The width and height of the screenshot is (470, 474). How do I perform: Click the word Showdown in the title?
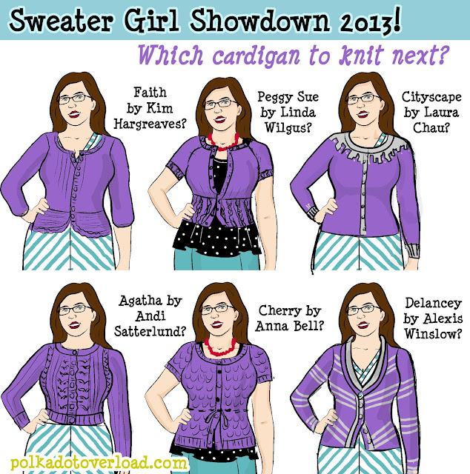259,20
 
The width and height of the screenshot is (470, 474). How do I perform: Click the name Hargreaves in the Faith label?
150,124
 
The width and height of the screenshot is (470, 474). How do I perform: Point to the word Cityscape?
431,97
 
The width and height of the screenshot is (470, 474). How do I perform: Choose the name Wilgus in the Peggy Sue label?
288,127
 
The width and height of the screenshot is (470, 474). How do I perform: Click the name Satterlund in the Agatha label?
150,332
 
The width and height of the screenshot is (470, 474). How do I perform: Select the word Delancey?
434,303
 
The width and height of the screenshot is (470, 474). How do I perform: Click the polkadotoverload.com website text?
99,463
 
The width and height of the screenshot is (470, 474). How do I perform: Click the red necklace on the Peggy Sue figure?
223,142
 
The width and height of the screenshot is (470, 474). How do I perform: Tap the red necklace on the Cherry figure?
220,347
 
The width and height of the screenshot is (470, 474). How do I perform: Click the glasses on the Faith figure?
74,99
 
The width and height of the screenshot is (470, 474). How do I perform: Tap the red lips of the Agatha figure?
74,325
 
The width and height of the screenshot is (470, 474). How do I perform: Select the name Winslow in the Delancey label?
433,334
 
